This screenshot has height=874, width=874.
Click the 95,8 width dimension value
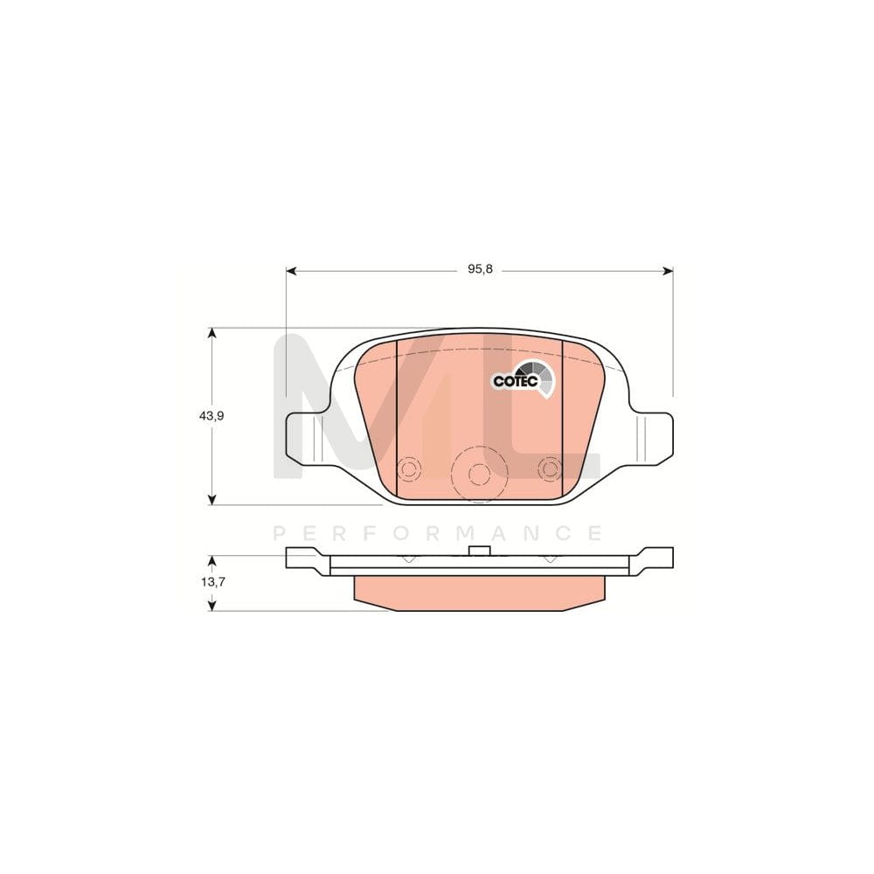(x=480, y=270)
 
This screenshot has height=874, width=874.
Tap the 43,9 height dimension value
(x=212, y=416)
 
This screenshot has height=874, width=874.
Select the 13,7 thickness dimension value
(x=212, y=581)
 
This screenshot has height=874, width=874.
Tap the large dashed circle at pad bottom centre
(x=477, y=473)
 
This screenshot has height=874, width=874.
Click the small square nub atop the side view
(x=477, y=551)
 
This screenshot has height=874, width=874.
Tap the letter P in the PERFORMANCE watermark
(x=280, y=532)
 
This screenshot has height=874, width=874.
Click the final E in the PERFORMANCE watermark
(x=594, y=532)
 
